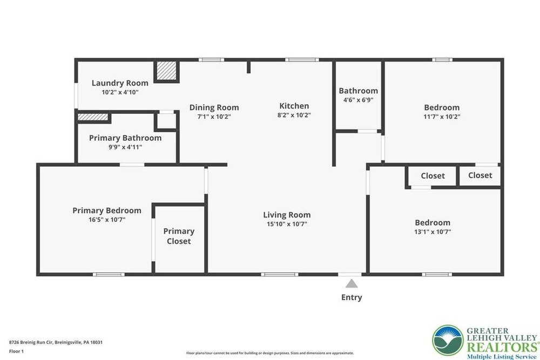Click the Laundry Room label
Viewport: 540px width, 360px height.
[x=120, y=83]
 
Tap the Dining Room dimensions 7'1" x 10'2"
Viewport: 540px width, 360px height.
[x=214, y=117]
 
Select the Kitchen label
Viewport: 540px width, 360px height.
[x=294, y=106]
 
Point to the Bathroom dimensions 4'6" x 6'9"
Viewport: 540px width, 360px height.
[x=358, y=100]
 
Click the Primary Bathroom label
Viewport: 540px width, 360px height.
[x=125, y=138]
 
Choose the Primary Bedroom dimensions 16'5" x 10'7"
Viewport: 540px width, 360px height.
[x=107, y=220]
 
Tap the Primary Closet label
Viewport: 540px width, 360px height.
[x=179, y=236]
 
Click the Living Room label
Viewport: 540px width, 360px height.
[x=287, y=215]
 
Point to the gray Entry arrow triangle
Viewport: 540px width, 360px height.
[x=352, y=283]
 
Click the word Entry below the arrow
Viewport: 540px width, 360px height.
[x=352, y=297]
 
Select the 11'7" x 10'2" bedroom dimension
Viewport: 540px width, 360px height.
[x=442, y=117]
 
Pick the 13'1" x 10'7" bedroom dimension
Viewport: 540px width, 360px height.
[x=433, y=232]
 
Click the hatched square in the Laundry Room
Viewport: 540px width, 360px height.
[x=167, y=71]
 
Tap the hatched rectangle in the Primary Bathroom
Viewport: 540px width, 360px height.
[x=93, y=117]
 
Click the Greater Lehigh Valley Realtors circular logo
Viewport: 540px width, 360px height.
[x=448, y=341]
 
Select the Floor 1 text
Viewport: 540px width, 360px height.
[x=17, y=351]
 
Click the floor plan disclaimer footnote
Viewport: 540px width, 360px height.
[x=270, y=353]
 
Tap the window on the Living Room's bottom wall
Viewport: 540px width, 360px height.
[x=280, y=274]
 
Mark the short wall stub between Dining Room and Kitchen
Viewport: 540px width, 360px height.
[x=248, y=67]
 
